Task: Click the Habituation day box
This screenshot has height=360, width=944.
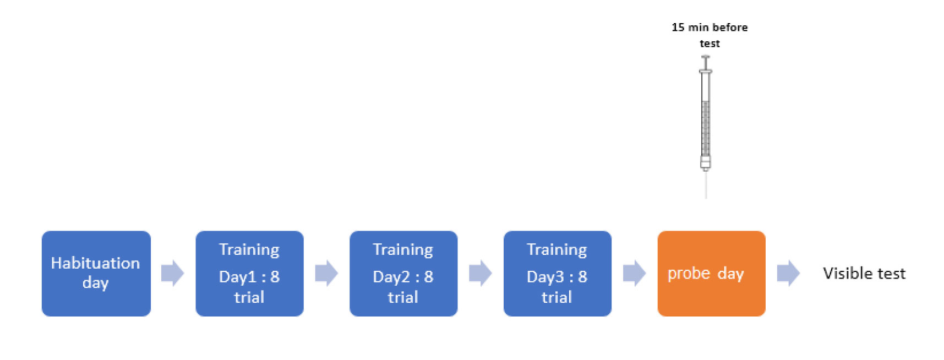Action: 96,274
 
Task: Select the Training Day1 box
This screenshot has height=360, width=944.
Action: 250,274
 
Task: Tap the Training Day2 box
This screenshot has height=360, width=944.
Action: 403,274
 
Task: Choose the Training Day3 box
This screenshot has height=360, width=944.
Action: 558,274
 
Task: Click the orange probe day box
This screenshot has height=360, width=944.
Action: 712,274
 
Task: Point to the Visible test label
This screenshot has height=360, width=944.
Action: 864,274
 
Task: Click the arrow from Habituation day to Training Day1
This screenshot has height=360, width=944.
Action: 173,273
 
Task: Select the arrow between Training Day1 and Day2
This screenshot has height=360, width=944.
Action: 327,273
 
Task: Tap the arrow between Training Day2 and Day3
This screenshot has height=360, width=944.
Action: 481,273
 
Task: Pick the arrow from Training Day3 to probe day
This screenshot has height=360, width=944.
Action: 635,273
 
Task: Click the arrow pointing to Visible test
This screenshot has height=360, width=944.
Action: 789,273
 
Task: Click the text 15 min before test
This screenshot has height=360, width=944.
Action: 710,35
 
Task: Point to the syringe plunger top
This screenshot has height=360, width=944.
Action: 706,57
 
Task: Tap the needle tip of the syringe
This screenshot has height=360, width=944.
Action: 706,198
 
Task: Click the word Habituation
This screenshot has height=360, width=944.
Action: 95,263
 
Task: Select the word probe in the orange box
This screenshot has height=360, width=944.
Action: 689,274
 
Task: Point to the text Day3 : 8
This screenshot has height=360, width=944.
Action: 557,276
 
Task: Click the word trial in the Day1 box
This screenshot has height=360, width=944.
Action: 249,297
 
